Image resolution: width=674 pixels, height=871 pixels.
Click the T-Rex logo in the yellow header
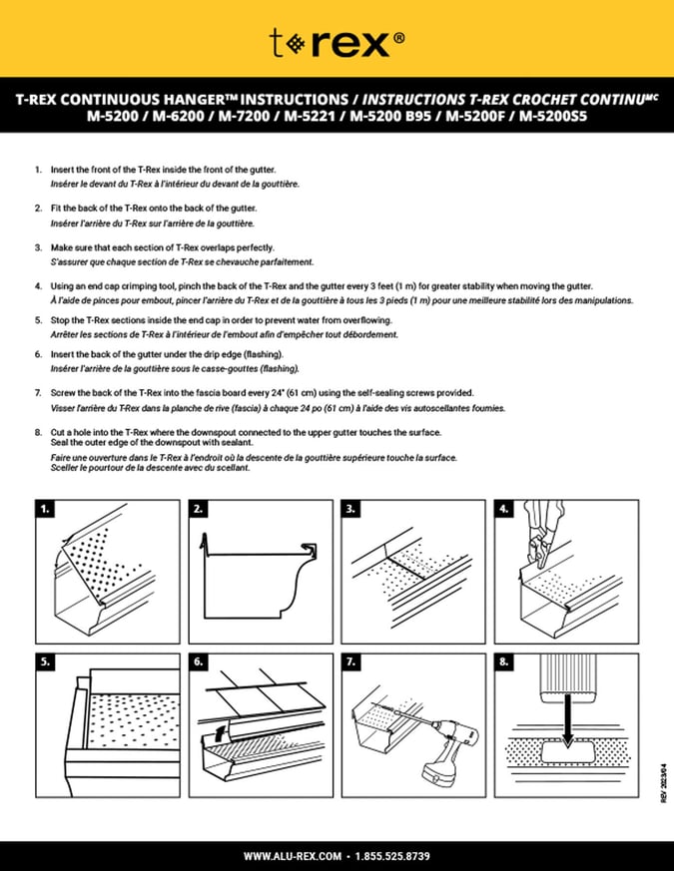coord(337,42)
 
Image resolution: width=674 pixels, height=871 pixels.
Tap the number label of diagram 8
coord(504,660)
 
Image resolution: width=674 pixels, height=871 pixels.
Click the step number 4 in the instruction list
coord(38,285)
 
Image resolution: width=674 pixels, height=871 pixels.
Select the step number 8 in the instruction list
coord(38,431)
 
